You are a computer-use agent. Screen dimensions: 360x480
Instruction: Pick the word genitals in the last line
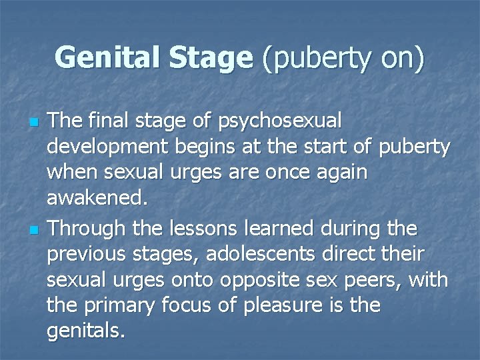(85, 330)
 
